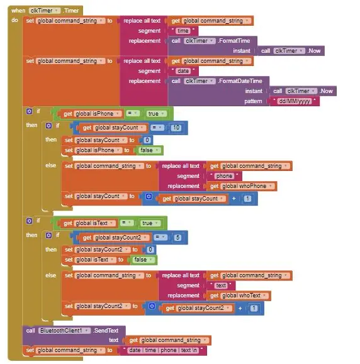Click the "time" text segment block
tap(183, 31)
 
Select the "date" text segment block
tap(183, 71)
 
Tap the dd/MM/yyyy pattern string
tap(294, 101)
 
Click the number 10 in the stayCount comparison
tap(176, 128)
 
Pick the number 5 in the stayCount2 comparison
tap(177, 237)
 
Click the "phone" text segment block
tap(224, 176)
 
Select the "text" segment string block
tap(220, 285)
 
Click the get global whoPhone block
tap(242, 186)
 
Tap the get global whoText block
tap(239, 295)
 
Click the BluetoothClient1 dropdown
tap(64, 330)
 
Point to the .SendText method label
tap(106, 330)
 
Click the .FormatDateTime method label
tap(240, 81)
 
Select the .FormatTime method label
tap(234, 41)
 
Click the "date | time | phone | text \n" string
tap(164, 350)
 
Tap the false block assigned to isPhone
tap(149, 150)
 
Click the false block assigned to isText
tap(143, 260)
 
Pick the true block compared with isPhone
tap(156, 114)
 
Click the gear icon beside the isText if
tap(29, 221)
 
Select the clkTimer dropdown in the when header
tap(45, 11)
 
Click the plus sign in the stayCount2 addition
tap(240, 308)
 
